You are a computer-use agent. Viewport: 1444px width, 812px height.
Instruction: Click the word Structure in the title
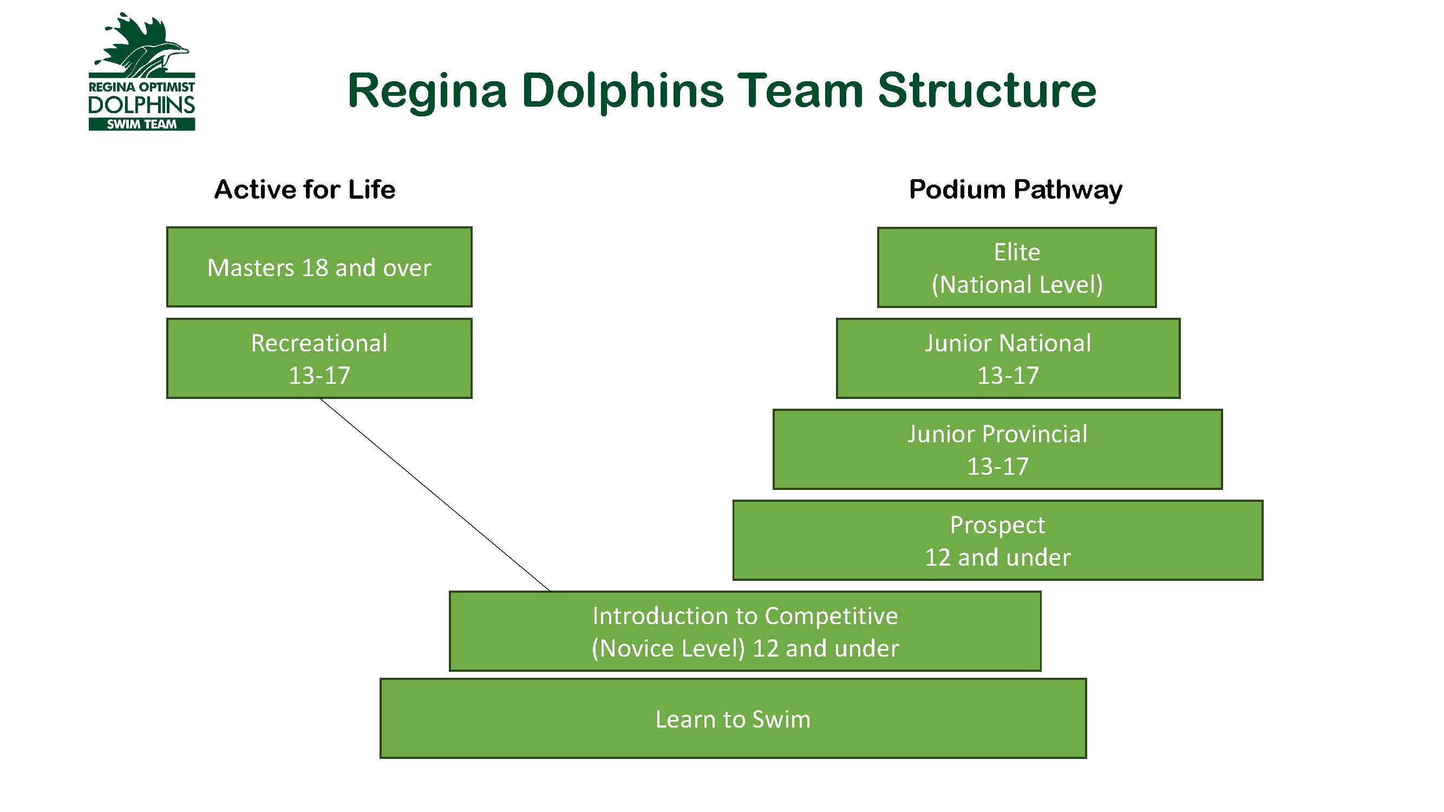click(x=986, y=91)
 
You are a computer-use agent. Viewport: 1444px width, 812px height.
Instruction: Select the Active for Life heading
click(x=305, y=189)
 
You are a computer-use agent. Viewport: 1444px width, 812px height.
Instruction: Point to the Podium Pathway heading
click(x=1015, y=189)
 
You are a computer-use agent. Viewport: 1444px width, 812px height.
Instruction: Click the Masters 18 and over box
click(x=319, y=267)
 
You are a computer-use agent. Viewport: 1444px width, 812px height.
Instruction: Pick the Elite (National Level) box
click(x=1016, y=267)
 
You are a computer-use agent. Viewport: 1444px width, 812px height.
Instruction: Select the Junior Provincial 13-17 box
click(x=997, y=449)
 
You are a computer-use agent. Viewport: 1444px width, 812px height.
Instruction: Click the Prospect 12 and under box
click(x=997, y=540)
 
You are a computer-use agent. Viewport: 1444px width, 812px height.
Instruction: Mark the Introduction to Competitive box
click(x=745, y=631)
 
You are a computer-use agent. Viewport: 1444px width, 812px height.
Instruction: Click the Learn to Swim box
click(x=733, y=718)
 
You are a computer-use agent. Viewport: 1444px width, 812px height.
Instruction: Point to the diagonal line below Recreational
click(x=435, y=495)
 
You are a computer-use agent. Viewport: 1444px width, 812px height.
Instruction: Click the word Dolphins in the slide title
click(x=622, y=91)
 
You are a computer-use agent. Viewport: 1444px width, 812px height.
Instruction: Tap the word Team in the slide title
click(x=799, y=91)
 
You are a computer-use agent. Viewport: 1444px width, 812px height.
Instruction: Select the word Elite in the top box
click(x=1017, y=252)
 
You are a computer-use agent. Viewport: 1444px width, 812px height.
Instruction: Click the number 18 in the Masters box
click(x=315, y=268)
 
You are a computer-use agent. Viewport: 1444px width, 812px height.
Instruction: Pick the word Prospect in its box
click(x=997, y=526)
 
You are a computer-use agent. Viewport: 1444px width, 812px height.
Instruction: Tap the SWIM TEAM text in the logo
click(x=142, y=125)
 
